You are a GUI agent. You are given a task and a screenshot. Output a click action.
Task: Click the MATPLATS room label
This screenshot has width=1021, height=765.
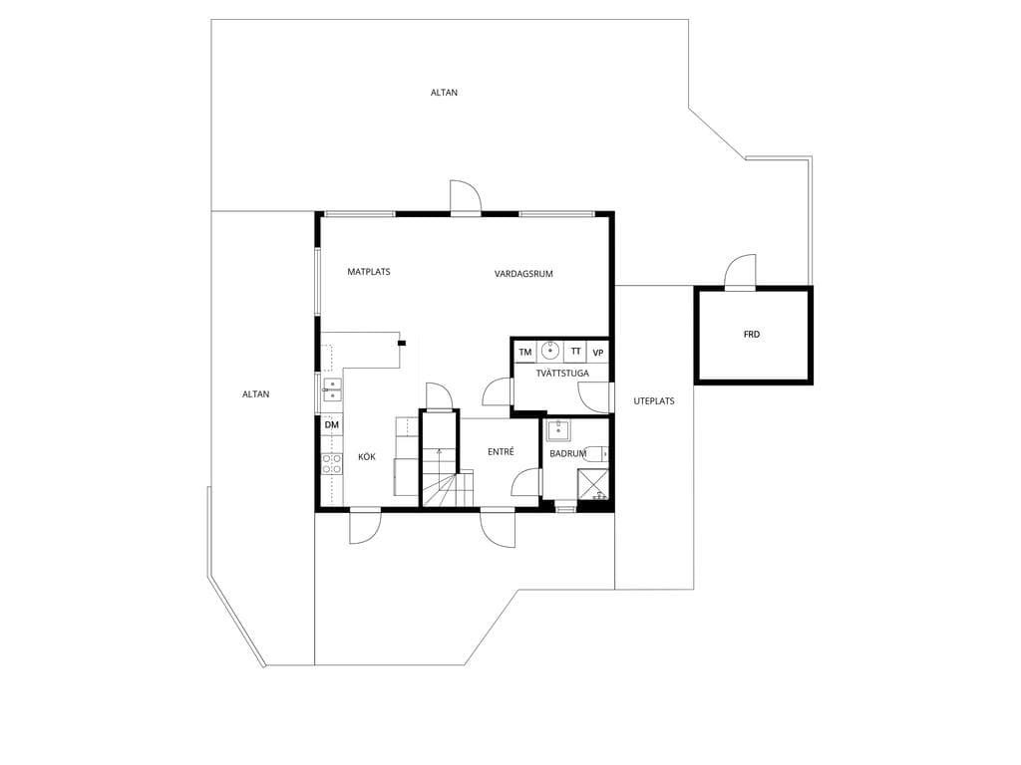pos(369,272)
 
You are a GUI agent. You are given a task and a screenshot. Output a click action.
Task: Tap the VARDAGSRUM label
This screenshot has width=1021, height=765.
pos(523,274)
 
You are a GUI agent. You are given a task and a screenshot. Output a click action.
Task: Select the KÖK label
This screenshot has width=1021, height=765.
pos(367,457)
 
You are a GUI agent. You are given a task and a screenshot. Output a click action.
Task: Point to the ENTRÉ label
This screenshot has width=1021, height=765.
pos(501,451)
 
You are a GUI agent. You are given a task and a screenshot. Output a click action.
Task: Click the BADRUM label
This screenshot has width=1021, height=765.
pos(567,454)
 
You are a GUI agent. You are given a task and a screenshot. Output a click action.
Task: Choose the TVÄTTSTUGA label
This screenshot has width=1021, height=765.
pos(562,374)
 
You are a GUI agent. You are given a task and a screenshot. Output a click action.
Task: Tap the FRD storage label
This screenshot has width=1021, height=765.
pos(752,335)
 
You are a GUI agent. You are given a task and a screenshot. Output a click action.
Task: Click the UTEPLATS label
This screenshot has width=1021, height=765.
pos(654,401)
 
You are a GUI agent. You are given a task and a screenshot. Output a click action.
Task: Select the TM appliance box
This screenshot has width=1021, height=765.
pos(525,352)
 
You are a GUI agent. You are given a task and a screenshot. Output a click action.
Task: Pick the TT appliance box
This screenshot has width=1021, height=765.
pos(575,352)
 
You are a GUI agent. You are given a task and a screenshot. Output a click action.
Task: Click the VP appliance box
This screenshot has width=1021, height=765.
pos(598,352)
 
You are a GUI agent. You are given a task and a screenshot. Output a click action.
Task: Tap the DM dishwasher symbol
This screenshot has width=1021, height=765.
pos(332,424)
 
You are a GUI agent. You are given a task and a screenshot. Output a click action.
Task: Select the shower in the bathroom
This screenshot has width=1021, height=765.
pos(593,485)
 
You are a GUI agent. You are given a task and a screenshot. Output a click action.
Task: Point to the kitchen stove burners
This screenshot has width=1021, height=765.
pos(332,463)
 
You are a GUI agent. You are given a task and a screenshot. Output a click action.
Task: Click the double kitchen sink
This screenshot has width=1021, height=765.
pos(331,390)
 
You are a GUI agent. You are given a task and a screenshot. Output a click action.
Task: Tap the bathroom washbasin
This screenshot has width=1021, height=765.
pos(558,430)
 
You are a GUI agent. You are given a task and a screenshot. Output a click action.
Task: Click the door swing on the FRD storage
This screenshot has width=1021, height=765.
pos(741,271)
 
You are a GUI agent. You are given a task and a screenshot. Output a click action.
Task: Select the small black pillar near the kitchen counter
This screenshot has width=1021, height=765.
pos(403,343)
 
